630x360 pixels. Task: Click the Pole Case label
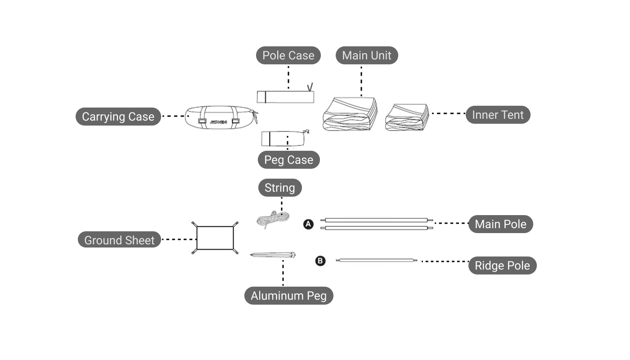[288, 55]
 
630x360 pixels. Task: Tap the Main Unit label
[367, 55]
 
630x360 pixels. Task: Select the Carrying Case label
[118, 117]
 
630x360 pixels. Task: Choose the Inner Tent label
[498, 115]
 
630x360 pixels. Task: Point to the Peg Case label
[288, 160]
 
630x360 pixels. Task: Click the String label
[279, 188]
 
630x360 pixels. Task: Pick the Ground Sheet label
[119, 240]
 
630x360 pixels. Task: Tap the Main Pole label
[500, 224]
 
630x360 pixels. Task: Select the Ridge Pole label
[502, 265]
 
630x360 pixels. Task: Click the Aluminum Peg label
[288, 296]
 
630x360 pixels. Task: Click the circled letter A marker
[308, 224]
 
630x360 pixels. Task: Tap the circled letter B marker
[320, 261]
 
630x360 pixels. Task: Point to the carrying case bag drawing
[220, 117]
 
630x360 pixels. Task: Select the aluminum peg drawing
[273, 255]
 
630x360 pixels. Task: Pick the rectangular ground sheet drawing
[215, 238]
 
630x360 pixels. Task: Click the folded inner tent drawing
[407, 117]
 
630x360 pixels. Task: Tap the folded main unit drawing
[350, 114]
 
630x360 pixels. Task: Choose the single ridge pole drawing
[377, 260]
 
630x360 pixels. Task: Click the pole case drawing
[285, 97]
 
